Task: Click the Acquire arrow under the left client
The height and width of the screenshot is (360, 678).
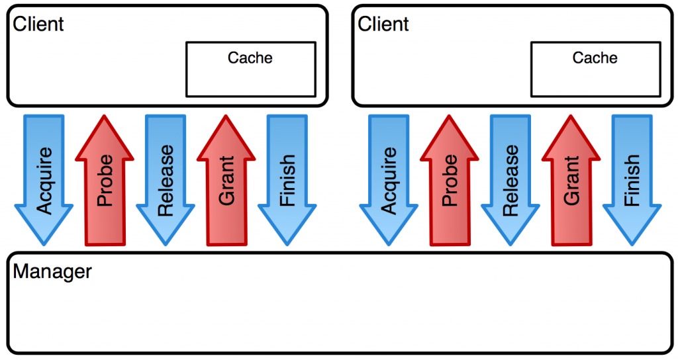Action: [x=44, y=180]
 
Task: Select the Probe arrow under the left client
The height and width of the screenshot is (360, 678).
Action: [x=105, y=180]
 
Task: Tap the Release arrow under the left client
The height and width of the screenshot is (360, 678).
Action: [x=166, y=180]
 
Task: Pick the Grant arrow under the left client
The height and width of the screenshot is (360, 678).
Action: [x=226, y=180]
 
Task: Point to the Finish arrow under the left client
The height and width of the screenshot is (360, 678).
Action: [x=287, y=180]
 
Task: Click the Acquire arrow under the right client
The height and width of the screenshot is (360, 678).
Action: [x=389, y=180]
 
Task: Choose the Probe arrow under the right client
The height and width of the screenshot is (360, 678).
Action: [x=450, y=180]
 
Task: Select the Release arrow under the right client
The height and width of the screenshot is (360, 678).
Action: [x=510, y=180]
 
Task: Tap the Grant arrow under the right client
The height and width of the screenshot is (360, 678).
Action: [x=571, y=180]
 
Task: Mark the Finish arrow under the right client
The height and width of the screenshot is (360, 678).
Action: [x=632, y=180]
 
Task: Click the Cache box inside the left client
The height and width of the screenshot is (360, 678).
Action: [x=251, y=69]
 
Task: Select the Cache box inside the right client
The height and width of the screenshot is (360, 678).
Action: [x=596, y=69]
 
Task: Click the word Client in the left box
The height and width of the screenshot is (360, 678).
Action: [x=38, y=24]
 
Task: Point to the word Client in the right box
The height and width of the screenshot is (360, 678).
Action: [x=383, y=24]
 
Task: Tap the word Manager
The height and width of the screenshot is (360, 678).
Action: [x=52, y=272]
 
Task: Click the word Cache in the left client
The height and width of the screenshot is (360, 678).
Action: [x=250, y=58]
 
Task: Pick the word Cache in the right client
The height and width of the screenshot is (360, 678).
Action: [x=595, y=58]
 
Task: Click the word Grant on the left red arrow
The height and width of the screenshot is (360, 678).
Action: [x=226, y=180]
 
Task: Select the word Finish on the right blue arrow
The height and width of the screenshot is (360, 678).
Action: [x=632, y=180]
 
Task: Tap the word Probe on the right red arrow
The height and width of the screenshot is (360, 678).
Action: [x=450, y=180]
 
